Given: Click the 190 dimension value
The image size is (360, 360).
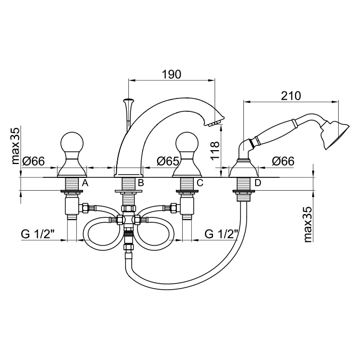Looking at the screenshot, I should [171, 74].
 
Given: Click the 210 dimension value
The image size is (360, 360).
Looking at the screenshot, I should [290, 96].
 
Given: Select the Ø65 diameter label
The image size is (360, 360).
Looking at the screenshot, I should [167, 161].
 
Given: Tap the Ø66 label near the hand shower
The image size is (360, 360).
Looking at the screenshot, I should [283, 161].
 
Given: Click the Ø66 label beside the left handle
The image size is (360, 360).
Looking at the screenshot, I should [33, 161].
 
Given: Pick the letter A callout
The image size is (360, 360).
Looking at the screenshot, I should [85, 183].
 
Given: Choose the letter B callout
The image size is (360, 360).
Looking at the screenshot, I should [141, 183].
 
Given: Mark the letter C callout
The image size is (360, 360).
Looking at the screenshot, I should [199, 183].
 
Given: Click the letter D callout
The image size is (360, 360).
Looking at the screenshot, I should [258, 183].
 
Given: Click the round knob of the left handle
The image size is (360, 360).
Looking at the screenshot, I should [71, 143].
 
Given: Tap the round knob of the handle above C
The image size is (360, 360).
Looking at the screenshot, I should [187, 143].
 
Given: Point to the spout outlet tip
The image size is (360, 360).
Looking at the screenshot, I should [215, 124].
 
